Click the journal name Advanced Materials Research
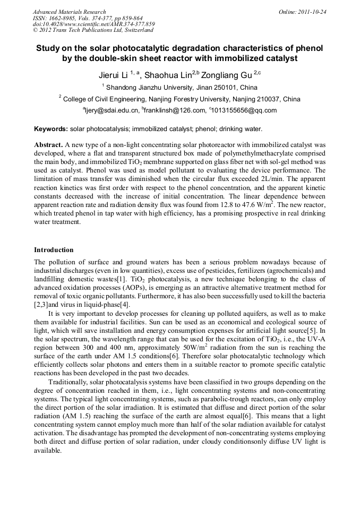(x=69, y=12)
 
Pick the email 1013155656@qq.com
(x=244, y=110)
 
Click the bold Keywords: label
(x=51, y=129)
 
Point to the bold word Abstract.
(x=48, y=144)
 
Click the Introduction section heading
(x=54, y=249)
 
